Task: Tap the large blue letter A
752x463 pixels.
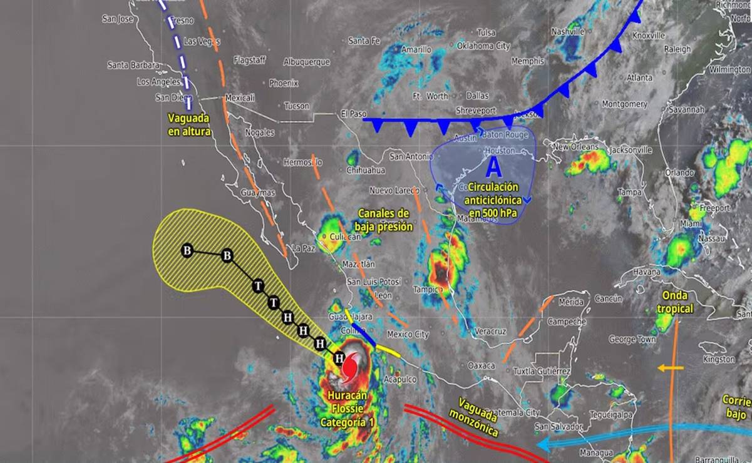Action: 494,168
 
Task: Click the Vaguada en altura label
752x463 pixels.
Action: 188,124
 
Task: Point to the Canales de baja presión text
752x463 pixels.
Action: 384,220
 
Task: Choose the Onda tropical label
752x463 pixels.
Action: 675,302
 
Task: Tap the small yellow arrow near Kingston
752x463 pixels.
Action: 671,368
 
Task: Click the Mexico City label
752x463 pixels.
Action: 408,334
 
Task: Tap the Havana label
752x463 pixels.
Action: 646,272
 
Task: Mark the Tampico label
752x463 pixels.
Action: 428,289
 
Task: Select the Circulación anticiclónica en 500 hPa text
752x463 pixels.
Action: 492,200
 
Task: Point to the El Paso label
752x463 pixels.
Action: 353,114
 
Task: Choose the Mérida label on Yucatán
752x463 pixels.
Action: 570,302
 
